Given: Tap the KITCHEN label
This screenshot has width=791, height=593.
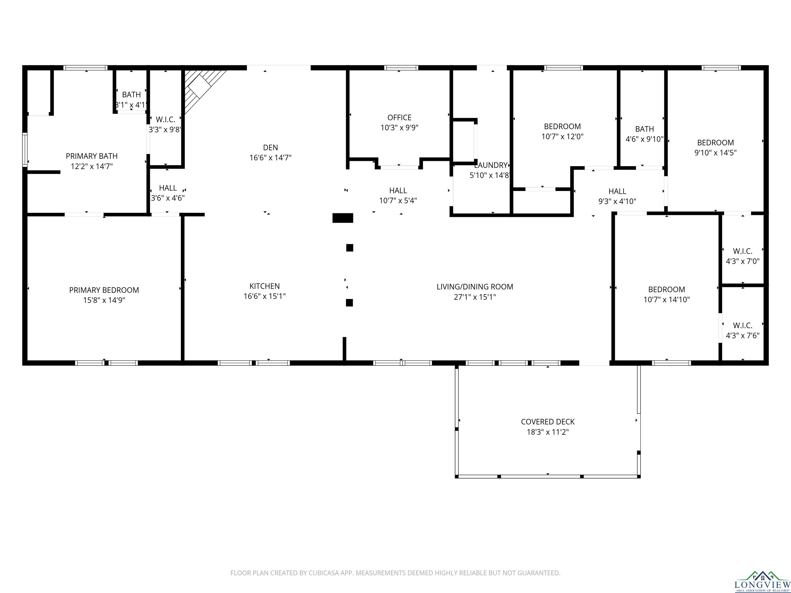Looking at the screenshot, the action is (x=265, y=286).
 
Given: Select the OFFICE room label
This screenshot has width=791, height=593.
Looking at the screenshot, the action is (x=399, y=118).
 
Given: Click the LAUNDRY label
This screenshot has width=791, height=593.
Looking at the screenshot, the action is (x=491, y=165).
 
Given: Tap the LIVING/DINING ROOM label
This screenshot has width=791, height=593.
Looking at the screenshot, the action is (x=475, y=287).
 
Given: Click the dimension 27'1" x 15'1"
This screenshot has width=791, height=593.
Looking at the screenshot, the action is (x=475, y=297).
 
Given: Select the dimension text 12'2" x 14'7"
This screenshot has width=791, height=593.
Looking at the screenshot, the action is (x=92, y=166).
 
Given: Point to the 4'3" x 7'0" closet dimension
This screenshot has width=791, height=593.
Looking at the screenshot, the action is (x=743, y=261).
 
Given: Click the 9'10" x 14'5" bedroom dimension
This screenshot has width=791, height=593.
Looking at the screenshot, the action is (x=716, y=153).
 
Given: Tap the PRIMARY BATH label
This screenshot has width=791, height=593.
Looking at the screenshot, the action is (x=92, y=156).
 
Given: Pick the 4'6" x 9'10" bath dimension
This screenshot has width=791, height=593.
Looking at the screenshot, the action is (x=644, y=139).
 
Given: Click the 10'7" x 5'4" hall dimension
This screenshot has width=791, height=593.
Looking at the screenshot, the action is (x=398, y=200).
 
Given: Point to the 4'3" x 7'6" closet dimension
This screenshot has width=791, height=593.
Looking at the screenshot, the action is (x=743, y=336).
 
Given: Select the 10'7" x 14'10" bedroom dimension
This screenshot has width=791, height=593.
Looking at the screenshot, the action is (x=667, y=300).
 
